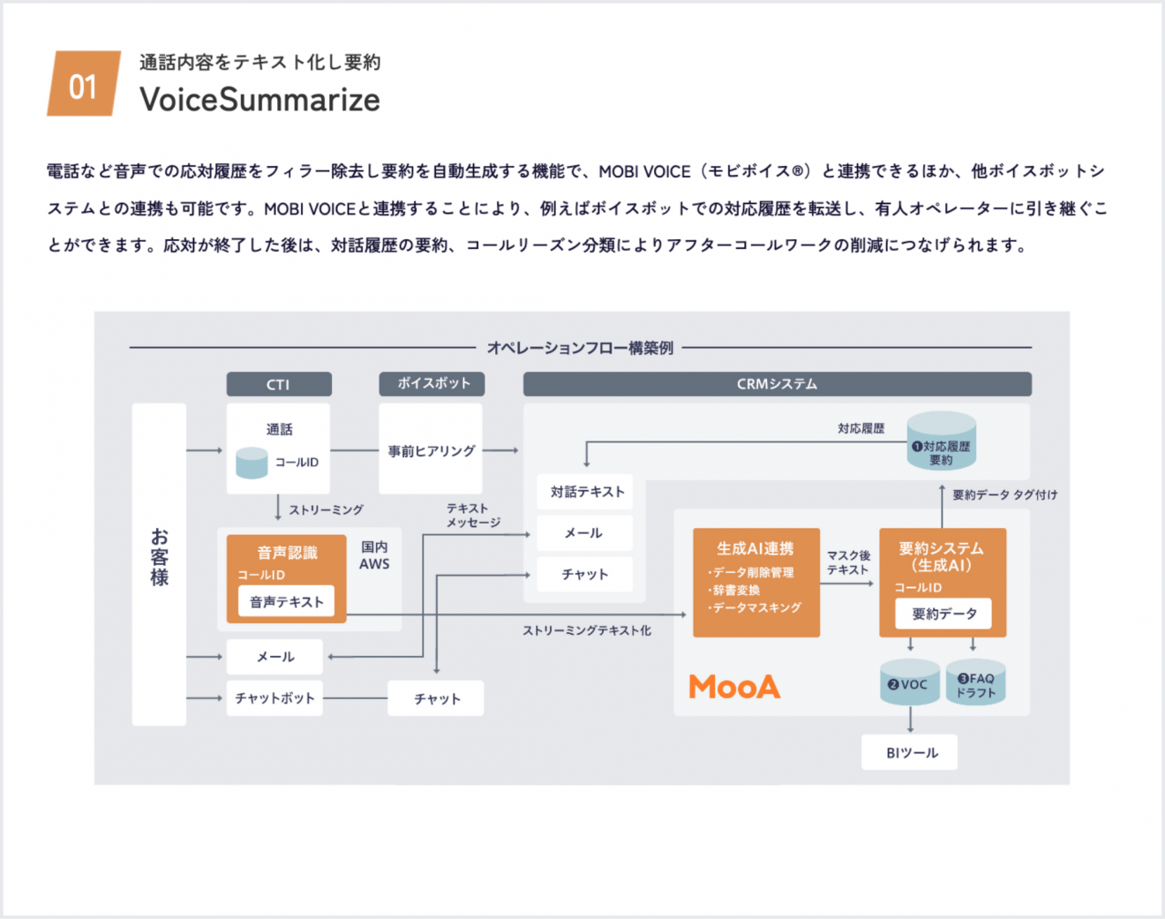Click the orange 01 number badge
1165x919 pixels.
coord(83,85)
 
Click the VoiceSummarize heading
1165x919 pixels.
coord(259,100)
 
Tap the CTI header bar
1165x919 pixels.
coord(279,384)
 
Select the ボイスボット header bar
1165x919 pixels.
coord(432,384)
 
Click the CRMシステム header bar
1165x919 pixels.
coord(777,384)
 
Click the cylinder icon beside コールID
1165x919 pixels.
coord(252,463)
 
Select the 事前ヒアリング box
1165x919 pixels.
coord(431,450)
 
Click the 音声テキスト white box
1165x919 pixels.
coord(286,602)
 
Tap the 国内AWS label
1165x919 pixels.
coord(374,555)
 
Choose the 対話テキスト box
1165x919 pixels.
coord(586,492)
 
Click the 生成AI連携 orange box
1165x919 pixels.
coord(755,582)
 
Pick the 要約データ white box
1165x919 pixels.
coord(943,614)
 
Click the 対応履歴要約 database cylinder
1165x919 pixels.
coord(942,441)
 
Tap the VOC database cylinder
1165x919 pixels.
coord(909,682)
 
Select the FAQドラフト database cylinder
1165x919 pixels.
coord(975,682)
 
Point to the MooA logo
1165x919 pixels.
coord(734,687)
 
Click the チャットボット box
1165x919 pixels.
coord(274,697)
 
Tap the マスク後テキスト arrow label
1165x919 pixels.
coord(848,562)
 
